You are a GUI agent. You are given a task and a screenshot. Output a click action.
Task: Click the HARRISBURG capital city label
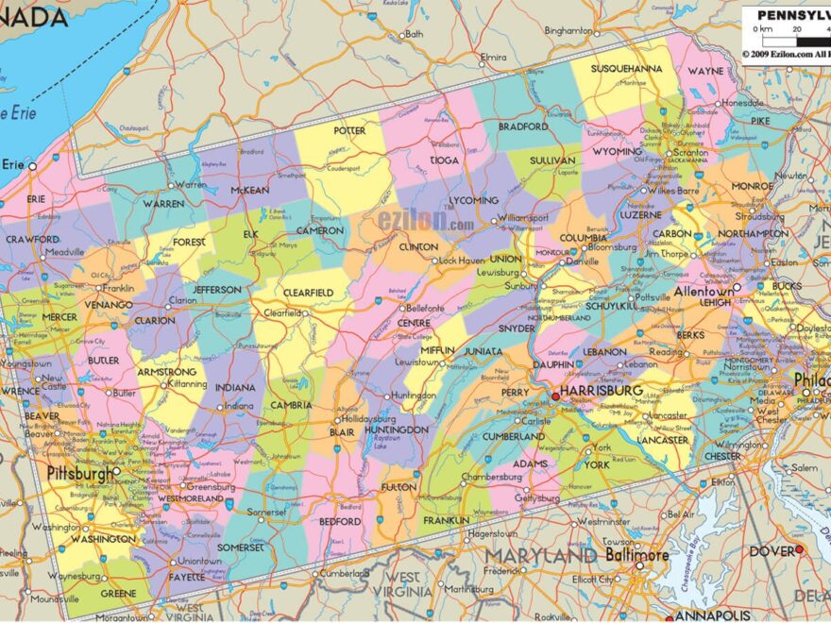pyautogui.click(x=602, y=390)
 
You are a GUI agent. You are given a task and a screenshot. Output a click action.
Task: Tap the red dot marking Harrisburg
pyautogui.click(x=554, y=396)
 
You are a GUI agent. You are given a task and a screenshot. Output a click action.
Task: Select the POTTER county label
pyautogui.click(x=349, y=130)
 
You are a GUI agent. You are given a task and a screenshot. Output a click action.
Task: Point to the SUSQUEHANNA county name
pyautogui.click(x=626, y=69)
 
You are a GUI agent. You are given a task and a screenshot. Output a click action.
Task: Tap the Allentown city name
pyautogui.click(x=704, y=293)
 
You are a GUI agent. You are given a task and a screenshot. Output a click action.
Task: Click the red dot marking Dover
pyautogui.click(x=799, y=549)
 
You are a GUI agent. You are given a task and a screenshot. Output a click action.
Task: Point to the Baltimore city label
pyautogui.click(x=636, y=556)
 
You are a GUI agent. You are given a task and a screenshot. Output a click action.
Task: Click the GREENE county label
pyautogui.click(x=117, y=594)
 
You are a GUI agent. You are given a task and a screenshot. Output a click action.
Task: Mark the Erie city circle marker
pyautogui.click(x=32, y=165)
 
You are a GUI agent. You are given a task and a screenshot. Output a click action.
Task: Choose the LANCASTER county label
pyautogui.click(x=662, y=440)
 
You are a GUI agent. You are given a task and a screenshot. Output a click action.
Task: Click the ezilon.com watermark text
pyautogui.click(x=426, y=221)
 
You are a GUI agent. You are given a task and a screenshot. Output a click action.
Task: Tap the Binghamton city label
pyautogui.click(x=568, y=30)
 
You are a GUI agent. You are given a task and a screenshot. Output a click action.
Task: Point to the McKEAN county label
pyautogui.click(x=250, y=189)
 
